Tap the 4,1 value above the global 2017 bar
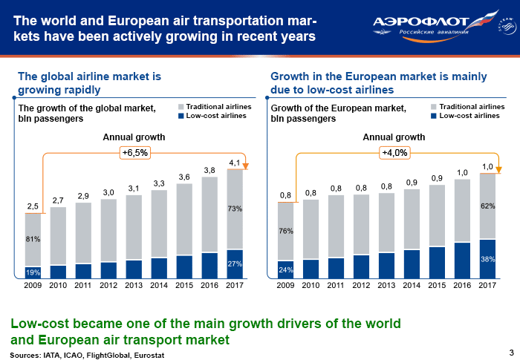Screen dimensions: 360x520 tap(235, 162)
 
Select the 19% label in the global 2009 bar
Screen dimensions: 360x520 tap(33, 272)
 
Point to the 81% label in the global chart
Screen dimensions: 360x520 tap(33, 239)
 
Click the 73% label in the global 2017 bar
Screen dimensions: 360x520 tap(235, 209)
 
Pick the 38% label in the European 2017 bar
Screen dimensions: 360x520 tap(488, 260)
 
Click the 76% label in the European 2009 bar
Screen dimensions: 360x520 tap(286, 231)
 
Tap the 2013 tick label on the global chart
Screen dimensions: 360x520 tap(134, 285)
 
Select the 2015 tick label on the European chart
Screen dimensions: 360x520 tap(438, 285)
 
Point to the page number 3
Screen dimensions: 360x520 tap(510, 352)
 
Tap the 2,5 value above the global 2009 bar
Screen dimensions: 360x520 tap(33, 205)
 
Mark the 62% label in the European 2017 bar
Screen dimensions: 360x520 tap(488, 206)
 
